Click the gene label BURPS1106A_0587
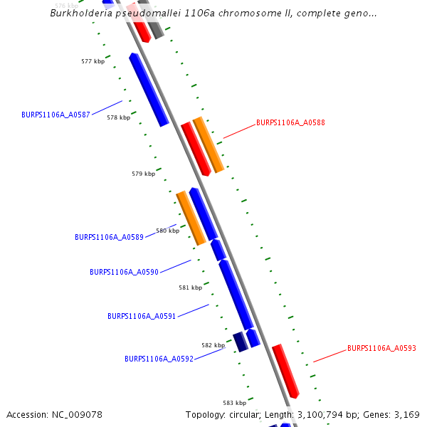tap(56, 115)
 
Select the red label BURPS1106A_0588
tap(290, 122)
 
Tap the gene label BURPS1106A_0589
tap(109, 237)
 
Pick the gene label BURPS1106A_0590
tap(124, 272)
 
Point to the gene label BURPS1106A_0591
tap(142, 316)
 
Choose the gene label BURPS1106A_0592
tap(159, 359)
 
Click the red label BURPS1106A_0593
tap(381, 348)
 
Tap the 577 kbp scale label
tap(93, 62)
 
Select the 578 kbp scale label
tap(118, 117)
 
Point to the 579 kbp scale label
tap(143, 174)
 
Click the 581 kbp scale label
tap(190, 288)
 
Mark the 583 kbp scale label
tap(234, 403)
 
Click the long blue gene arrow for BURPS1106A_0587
tap(149, 90)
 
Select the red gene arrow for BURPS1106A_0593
tap(285, 371)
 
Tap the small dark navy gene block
tap(241, 342)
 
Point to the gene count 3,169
tap(406, 414)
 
